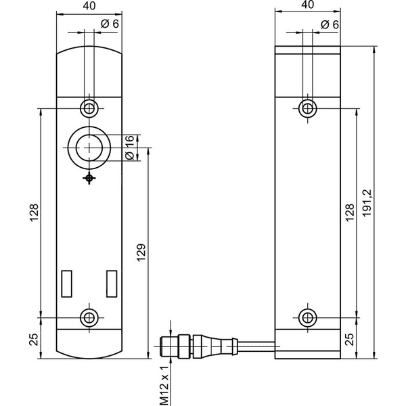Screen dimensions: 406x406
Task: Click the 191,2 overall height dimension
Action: pos(367,203)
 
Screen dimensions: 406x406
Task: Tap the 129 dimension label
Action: pos(141,252)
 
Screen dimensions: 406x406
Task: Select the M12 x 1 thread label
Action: pos(164,386)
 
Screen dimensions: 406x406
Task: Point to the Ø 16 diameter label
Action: pos(130,148)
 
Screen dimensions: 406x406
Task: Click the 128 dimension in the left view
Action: pos(34,213)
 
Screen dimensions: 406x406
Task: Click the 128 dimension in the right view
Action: pos(350,212)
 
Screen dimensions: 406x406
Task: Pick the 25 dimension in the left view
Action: pos(33,340)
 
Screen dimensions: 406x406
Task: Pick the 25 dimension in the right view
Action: pos(350,339)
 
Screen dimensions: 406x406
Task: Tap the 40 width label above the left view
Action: pos(89,6)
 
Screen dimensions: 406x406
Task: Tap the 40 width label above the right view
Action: pos(308,5)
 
